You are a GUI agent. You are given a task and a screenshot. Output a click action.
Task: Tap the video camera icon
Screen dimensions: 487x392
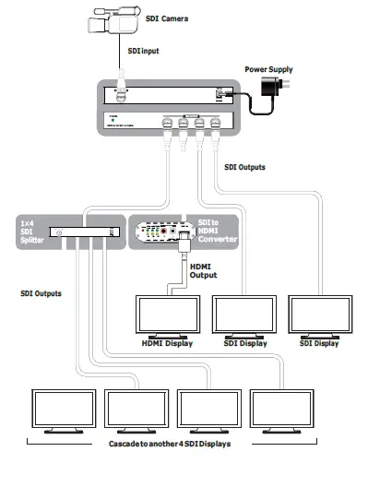114,24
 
